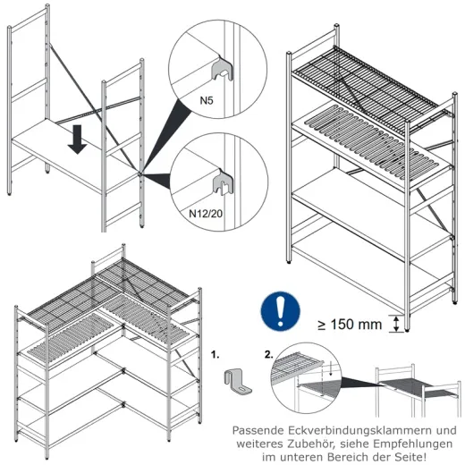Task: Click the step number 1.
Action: click(216, 354)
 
